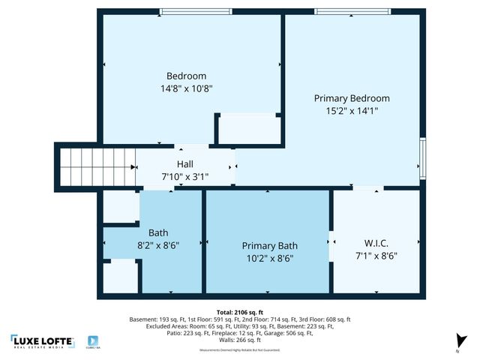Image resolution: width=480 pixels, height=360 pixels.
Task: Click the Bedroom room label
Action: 185,76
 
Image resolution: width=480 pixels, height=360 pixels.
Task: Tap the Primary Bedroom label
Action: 351,98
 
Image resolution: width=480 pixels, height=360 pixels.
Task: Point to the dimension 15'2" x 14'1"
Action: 351,110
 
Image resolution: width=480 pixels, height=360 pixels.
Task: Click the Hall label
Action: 184,164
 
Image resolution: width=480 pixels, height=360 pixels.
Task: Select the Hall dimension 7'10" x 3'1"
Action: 184,177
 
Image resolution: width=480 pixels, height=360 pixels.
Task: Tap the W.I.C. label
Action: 375,242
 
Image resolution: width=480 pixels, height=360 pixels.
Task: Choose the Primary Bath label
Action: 269,245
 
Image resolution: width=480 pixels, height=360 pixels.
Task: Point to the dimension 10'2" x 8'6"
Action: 269,258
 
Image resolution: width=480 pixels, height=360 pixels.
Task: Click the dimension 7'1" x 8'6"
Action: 375,255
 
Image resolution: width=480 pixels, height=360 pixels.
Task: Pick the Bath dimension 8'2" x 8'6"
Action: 157,244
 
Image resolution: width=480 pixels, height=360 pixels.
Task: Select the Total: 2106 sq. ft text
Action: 239,311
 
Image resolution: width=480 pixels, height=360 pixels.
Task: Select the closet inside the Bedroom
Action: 249,129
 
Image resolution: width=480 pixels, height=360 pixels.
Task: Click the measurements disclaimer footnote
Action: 239,350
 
